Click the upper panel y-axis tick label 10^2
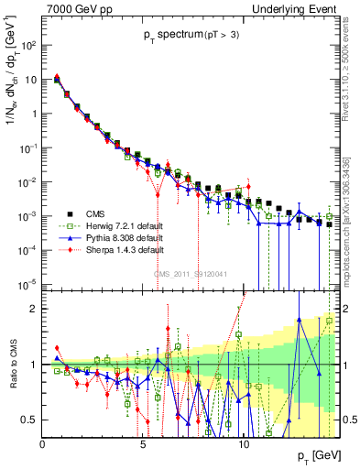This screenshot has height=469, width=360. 28,45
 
